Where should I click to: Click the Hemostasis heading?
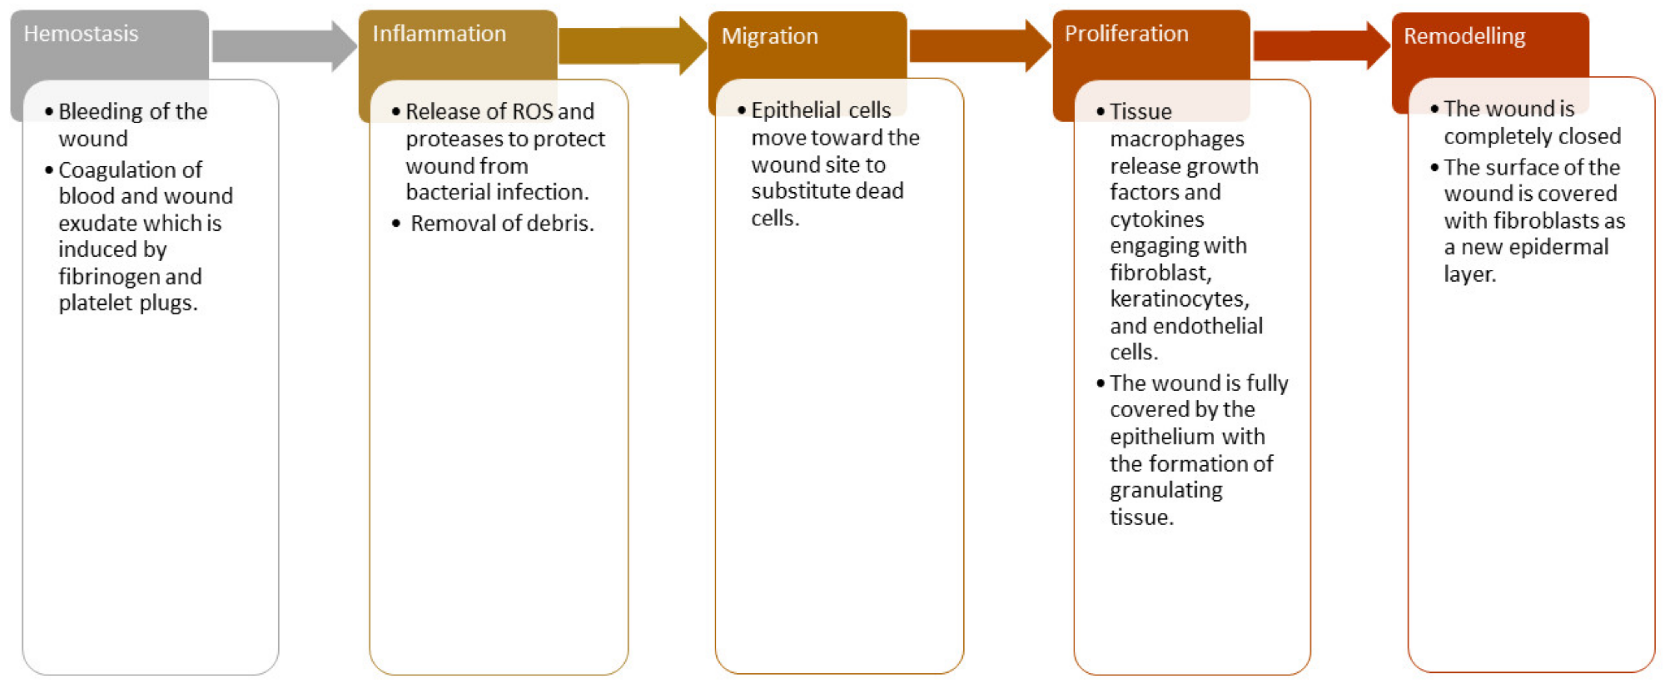(x=81, y=33)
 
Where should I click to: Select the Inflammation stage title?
(x=439, y=33)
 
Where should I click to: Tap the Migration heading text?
(x=769, y=36)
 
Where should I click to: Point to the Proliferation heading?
(x=1126, y=33)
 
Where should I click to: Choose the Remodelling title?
(x=1464, y=36)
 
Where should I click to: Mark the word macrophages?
(x=1176, y=139)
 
